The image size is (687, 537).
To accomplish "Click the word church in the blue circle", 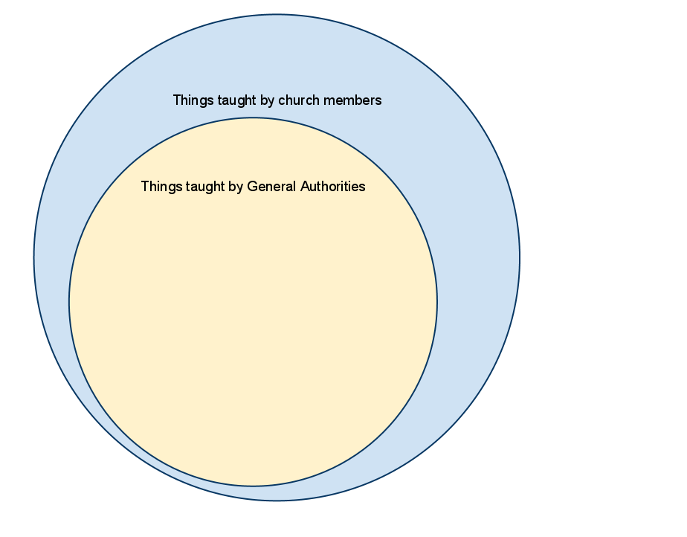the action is pos(299,100).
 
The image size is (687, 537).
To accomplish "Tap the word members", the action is pos(352,100).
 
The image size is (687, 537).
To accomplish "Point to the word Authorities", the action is pos(332,186).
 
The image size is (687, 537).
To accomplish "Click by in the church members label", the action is pos(267,101).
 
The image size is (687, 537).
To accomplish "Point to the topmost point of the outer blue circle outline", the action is pos(277,14).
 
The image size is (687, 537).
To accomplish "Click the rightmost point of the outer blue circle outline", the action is pos(520,257).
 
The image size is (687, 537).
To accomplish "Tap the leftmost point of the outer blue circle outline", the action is pos(34,257).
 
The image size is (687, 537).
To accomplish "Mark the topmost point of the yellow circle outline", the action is pos(253,118).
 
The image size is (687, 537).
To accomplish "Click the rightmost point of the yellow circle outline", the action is pos(437,301).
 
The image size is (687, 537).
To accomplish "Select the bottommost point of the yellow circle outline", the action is pos(253,486).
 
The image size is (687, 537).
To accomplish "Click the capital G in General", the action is pos(252,186).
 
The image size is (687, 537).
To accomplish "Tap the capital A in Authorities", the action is pos(305,186).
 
